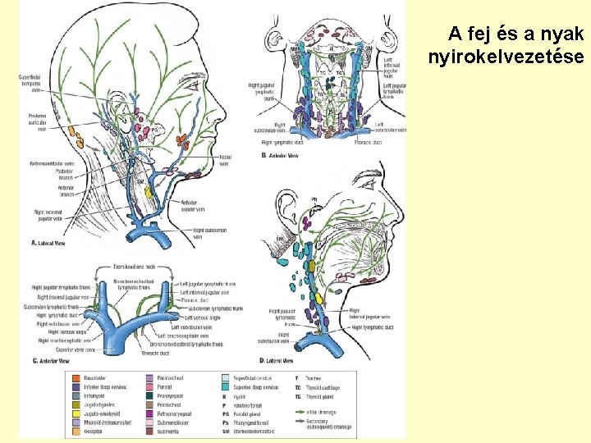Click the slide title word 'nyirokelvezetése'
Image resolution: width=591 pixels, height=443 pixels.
[506, 57]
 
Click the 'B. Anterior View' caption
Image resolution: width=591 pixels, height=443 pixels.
[280, 155]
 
